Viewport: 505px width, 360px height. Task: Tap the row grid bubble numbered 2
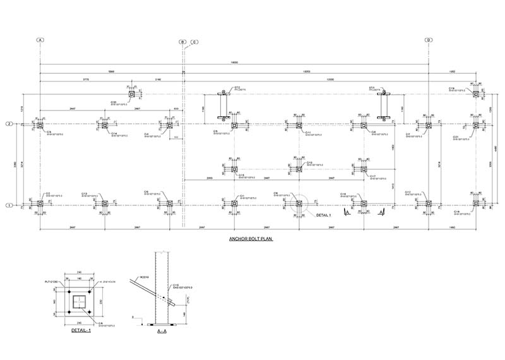(x=9, y=124)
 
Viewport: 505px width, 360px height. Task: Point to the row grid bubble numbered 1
(x=9, y=205)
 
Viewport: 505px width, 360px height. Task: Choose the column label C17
(x=374, y=176)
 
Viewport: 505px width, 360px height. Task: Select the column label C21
(x=456, y=136)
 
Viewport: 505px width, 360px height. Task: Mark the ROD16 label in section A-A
(x=133, y=276)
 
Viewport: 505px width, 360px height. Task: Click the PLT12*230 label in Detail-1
(x=61, y=282)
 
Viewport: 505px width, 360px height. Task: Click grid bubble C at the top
(x=194, y=42)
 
